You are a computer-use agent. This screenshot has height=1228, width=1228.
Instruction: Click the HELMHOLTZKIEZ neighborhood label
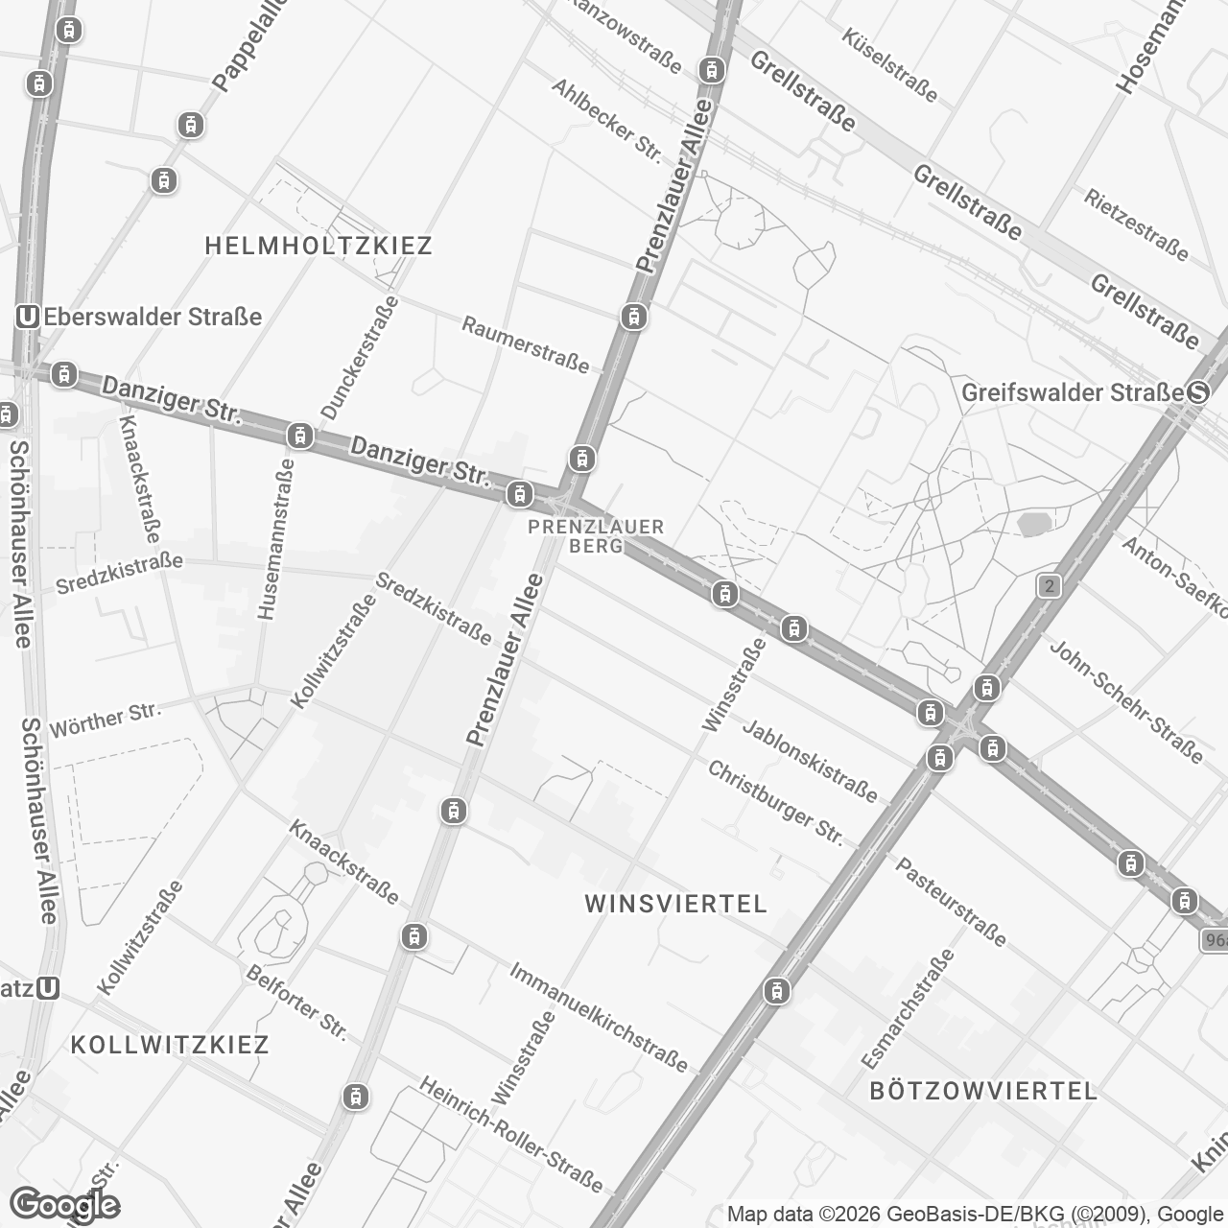[x=319, y=246]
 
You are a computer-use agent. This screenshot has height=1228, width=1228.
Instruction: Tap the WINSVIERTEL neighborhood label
[x=675, y=904]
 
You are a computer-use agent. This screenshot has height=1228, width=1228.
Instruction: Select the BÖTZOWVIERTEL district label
[x=982, y=1091]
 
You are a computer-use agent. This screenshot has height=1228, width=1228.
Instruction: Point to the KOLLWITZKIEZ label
[x=170, y=1044]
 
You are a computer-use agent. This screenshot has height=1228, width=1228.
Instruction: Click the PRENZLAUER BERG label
[x=596, y=536]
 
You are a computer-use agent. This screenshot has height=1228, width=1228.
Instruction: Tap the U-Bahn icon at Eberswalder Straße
[x=28, y=317]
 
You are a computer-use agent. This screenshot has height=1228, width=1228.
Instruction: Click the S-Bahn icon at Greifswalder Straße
[x=1198, y=392]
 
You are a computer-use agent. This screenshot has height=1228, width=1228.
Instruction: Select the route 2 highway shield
[x=1050, y=585]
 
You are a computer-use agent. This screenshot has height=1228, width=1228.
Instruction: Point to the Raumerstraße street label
[x=526, y=343]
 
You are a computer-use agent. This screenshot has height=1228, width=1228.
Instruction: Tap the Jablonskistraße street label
[x=810, y=761]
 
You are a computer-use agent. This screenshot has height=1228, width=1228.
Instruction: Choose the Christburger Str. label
[x=775, y=804]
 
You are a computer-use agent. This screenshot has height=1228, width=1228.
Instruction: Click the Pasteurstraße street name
[x=951, y=902]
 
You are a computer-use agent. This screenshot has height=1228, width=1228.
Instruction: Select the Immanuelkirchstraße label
[x=599, y=1017]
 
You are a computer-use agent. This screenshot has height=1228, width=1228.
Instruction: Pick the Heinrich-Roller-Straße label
[x=511, y=1134]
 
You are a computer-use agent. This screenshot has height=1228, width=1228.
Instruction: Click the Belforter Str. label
[x=295, y=1003]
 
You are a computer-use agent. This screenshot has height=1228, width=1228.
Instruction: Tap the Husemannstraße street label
[x=275, y=537]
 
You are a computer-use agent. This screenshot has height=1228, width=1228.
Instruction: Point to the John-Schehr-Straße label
[x=1125, y=701]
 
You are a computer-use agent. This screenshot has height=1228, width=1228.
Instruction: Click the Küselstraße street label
[x=889, y=64]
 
